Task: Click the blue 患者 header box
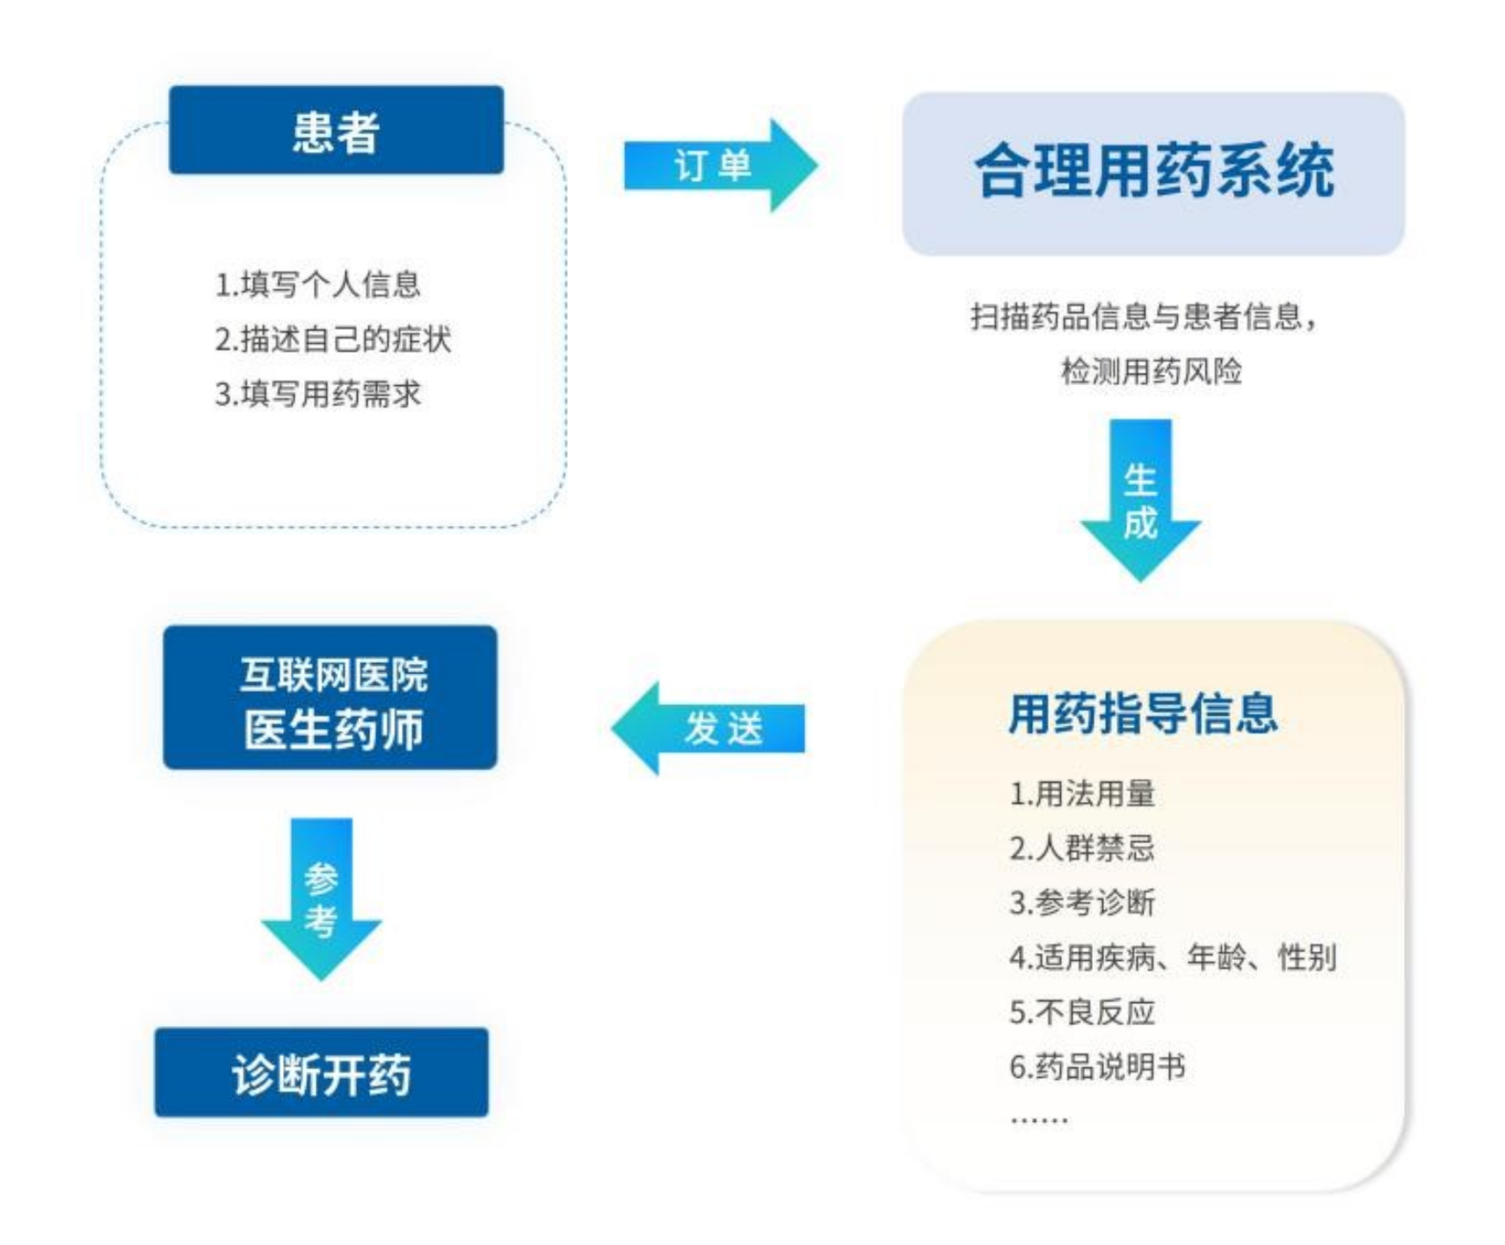336,130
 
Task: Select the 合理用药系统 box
1152,173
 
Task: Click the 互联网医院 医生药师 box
331,698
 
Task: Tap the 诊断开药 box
322,1073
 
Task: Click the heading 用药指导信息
1142,712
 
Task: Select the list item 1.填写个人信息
317,285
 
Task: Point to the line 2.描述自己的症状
333,339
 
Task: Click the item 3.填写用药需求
317,394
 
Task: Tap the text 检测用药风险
1151,371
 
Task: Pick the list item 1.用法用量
1081,794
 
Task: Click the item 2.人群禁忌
1081,848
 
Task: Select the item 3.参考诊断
1081,903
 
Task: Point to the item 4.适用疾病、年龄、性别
1173,957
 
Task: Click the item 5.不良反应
1081,1012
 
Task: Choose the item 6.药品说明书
1097,1067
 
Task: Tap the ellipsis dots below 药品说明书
1039,1120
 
